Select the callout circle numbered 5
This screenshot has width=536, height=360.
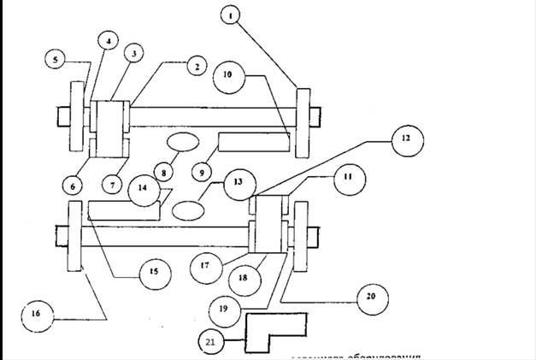56,60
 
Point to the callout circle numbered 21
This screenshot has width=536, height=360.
211,341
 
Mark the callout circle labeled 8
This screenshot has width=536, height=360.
158,170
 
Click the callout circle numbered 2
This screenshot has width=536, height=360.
195,66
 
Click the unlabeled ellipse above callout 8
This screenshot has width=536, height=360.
182,140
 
